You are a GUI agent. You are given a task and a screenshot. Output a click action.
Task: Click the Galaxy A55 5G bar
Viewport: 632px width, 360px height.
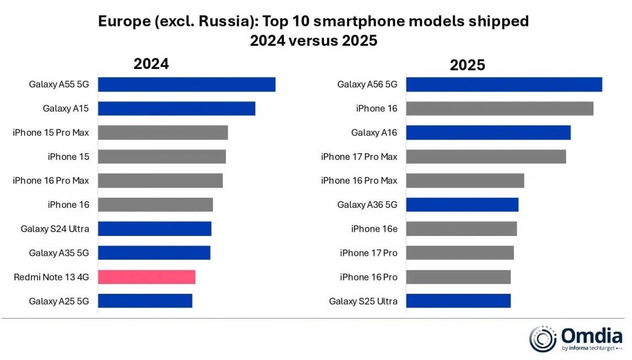[186, 84]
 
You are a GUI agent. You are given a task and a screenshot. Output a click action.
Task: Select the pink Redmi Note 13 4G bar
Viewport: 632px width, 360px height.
[147, 277]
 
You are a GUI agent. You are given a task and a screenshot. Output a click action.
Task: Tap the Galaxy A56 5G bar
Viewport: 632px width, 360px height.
[504, 84]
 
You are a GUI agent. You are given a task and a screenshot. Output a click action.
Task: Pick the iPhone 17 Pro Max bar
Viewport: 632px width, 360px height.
[486, 157]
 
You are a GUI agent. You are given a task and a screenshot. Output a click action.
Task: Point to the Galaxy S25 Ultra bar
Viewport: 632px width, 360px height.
[458, 301]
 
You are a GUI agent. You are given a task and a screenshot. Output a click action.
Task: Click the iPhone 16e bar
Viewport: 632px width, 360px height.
[461, 229]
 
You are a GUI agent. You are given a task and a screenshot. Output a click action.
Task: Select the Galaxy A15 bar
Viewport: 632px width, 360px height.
[176, 109]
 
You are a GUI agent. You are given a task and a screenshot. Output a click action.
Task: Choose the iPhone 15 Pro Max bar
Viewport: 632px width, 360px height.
[163, 132]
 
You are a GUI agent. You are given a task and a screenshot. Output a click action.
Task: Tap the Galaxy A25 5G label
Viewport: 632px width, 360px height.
[59, 301]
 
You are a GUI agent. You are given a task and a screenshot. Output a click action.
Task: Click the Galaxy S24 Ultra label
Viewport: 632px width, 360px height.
[55, 229]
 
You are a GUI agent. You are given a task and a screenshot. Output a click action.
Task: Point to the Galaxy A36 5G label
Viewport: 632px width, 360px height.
[367, 205]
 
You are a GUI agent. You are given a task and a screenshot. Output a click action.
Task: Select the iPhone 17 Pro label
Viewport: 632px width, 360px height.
[368, 253]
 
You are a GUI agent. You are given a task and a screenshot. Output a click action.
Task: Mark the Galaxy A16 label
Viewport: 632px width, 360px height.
[374, 132]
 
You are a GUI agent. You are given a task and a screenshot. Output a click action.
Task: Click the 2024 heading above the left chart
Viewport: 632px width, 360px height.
[151, 63]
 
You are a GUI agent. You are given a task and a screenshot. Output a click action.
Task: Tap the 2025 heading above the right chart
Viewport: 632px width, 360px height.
[467, 65]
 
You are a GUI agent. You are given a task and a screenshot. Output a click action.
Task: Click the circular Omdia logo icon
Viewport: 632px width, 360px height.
[543, 338]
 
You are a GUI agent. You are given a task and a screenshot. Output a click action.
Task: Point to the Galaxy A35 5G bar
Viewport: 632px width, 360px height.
[154, 253]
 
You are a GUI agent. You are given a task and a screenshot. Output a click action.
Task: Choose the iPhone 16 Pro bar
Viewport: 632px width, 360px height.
[458, 277]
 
